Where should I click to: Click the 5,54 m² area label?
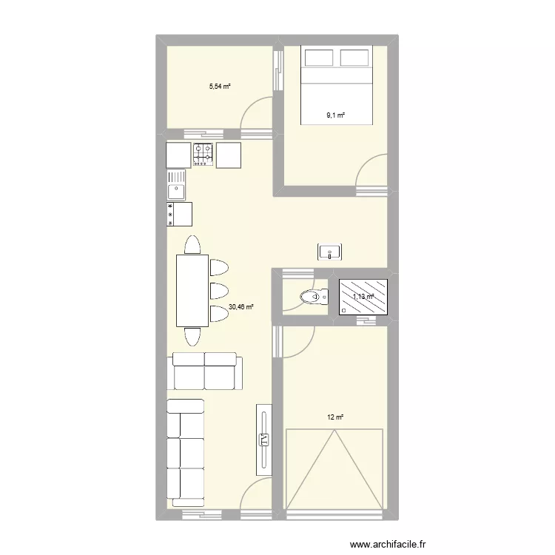[x=220, y=87]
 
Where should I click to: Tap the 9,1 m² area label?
[x=337, y=115]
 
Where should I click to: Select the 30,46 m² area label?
[x=241, y=306]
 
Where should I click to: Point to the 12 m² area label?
[x=335, y=417]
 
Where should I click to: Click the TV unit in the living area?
[x=263, y=440]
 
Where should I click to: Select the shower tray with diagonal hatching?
[x=363, y=297]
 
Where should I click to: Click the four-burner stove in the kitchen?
[x=203, y=154]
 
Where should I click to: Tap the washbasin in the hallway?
[x=329, y=252]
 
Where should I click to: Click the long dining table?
[x=192, y=290]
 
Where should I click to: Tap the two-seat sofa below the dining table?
[x=205, y=371]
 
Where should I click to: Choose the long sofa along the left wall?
[x=185, y=451]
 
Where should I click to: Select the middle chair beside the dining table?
[x=219, y=289]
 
